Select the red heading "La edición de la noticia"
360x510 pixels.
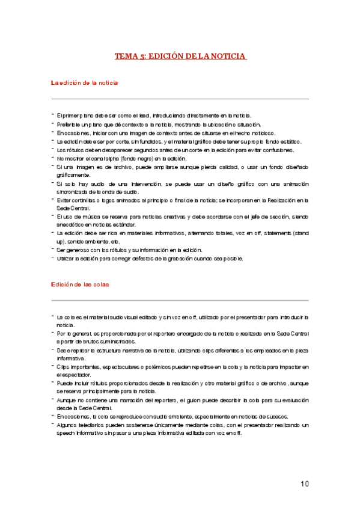click(x=84, y=82)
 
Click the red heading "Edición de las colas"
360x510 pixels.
click(x=80, y=284)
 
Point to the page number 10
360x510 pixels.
click(x=305, y=484)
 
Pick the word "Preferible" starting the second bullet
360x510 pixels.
click(x=69, y=124)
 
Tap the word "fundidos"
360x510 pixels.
click(x=135, y=141)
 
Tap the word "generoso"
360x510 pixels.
click(x=76, y=250)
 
